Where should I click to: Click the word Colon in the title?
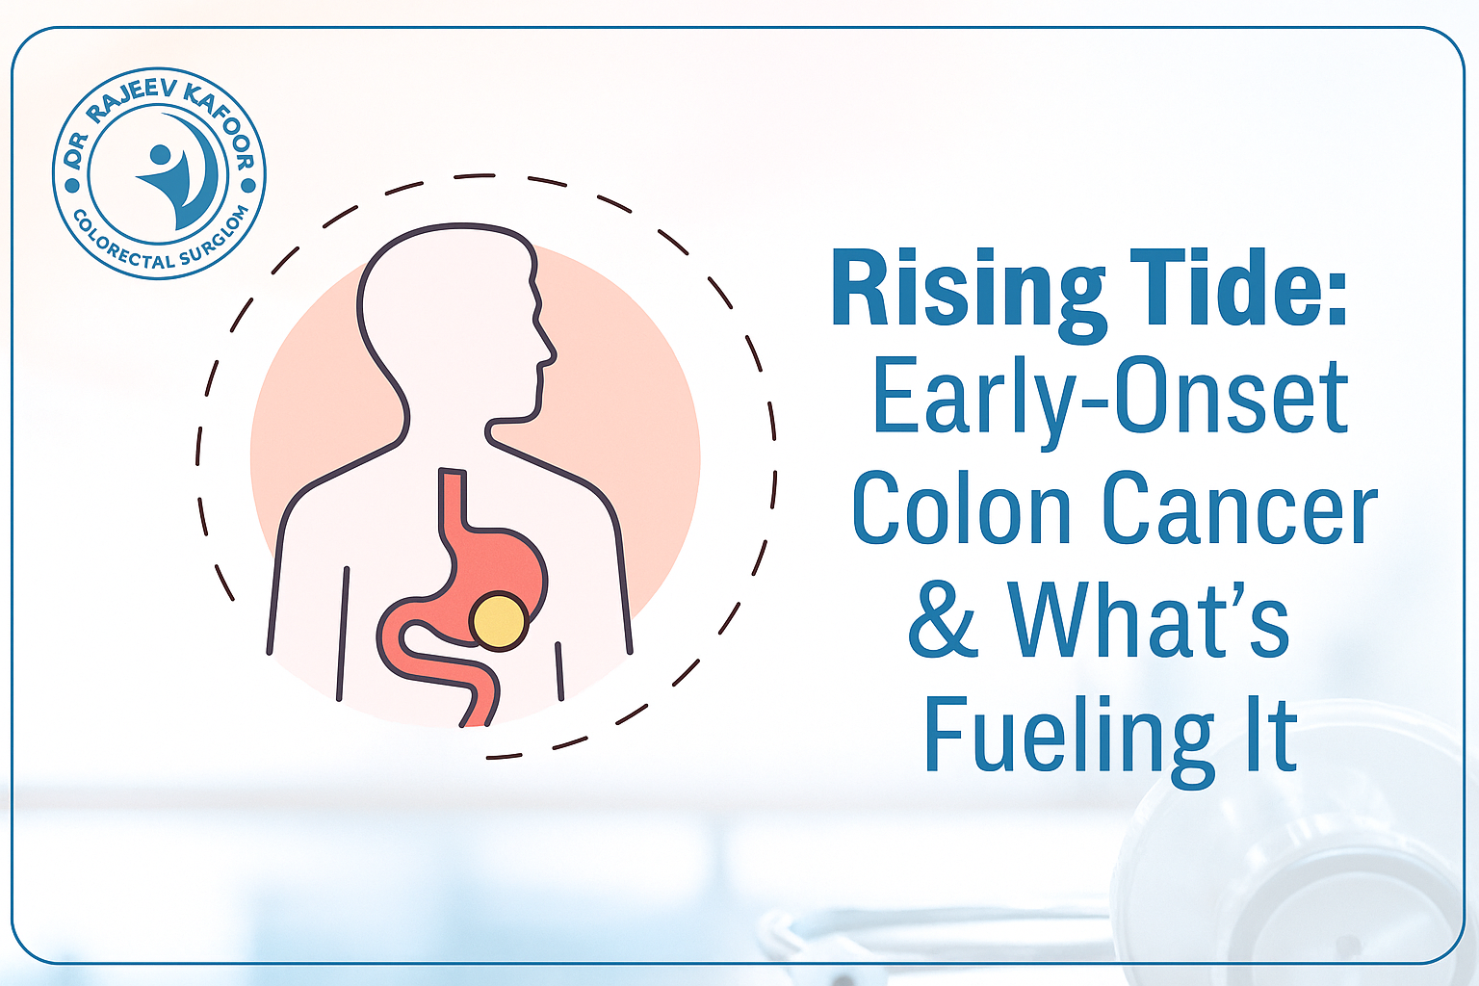[961, 507]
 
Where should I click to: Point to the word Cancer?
[1239, 507]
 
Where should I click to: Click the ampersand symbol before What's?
[943, 619]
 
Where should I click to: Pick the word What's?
[1148, 618]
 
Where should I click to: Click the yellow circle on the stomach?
[499, 621]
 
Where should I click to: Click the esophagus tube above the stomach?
[453, 499]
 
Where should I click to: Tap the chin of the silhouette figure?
[533, 414]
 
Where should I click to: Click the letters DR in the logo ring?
[76, 149]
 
